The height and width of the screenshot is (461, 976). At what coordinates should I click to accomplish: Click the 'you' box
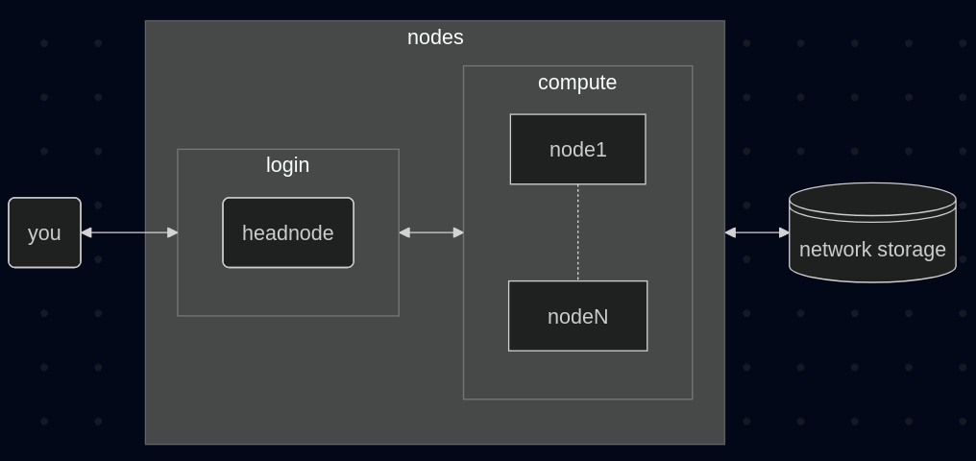tap(44, 232)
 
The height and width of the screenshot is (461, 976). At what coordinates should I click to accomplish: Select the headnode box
tap(288, 232)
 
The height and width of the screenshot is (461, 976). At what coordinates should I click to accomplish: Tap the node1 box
tap(577, 149)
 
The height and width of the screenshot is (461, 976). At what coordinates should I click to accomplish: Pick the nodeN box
tap(577, 316)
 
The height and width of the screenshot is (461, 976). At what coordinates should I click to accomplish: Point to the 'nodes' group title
tap(435, 37)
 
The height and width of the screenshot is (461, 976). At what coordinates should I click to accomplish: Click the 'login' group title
tap(287, 165)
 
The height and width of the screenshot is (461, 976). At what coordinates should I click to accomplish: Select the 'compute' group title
tap(577, 83)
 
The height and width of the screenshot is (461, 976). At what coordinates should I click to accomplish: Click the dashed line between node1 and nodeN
tap(577, 232)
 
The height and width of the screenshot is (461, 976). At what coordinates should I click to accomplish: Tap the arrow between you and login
tap(130, 232)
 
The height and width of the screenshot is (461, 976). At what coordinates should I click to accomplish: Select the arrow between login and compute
tap(431, 232)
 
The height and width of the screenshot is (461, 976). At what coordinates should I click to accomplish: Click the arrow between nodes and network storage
tap(757, 232)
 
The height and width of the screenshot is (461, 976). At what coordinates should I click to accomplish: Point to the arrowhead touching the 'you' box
tap(86, 232)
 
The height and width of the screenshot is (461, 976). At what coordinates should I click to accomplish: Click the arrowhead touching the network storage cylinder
tap(784, 232)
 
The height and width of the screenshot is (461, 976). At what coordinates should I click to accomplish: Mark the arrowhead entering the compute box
tap(458, 232)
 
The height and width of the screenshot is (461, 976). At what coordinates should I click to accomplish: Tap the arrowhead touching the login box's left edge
tap(172, 232)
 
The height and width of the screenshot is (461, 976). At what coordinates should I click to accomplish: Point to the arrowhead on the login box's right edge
tap(404, 232)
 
